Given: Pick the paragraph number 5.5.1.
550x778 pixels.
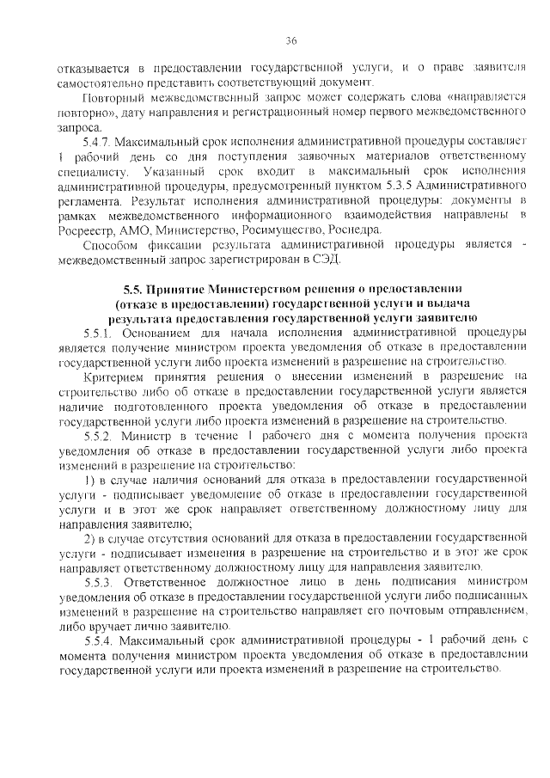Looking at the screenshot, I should [x=101, y=332].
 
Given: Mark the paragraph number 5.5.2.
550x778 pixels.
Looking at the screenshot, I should [x=101, y=437].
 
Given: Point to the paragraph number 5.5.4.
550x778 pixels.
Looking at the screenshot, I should [x=101, y=641].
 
